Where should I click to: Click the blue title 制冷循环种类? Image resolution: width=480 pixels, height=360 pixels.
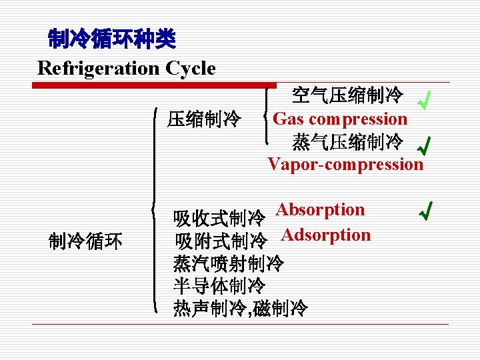111,40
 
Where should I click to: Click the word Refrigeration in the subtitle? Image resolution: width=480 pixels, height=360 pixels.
93,68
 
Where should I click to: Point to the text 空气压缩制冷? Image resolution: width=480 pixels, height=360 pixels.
347,97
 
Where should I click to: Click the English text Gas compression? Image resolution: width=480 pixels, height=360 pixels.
340,119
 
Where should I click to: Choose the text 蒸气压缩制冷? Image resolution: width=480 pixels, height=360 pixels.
347,142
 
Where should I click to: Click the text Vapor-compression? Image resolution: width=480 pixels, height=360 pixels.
345,164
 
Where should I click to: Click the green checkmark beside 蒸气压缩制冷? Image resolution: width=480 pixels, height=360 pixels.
423,143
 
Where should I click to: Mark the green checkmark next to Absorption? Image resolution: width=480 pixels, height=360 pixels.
425,212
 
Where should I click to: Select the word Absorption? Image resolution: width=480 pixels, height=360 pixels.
321,210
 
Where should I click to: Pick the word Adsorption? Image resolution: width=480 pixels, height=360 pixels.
326,235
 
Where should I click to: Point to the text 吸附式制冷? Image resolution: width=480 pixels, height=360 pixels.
221,241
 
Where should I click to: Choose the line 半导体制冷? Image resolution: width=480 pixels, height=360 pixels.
219,287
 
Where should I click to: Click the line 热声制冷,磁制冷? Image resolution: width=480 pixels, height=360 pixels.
241,309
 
